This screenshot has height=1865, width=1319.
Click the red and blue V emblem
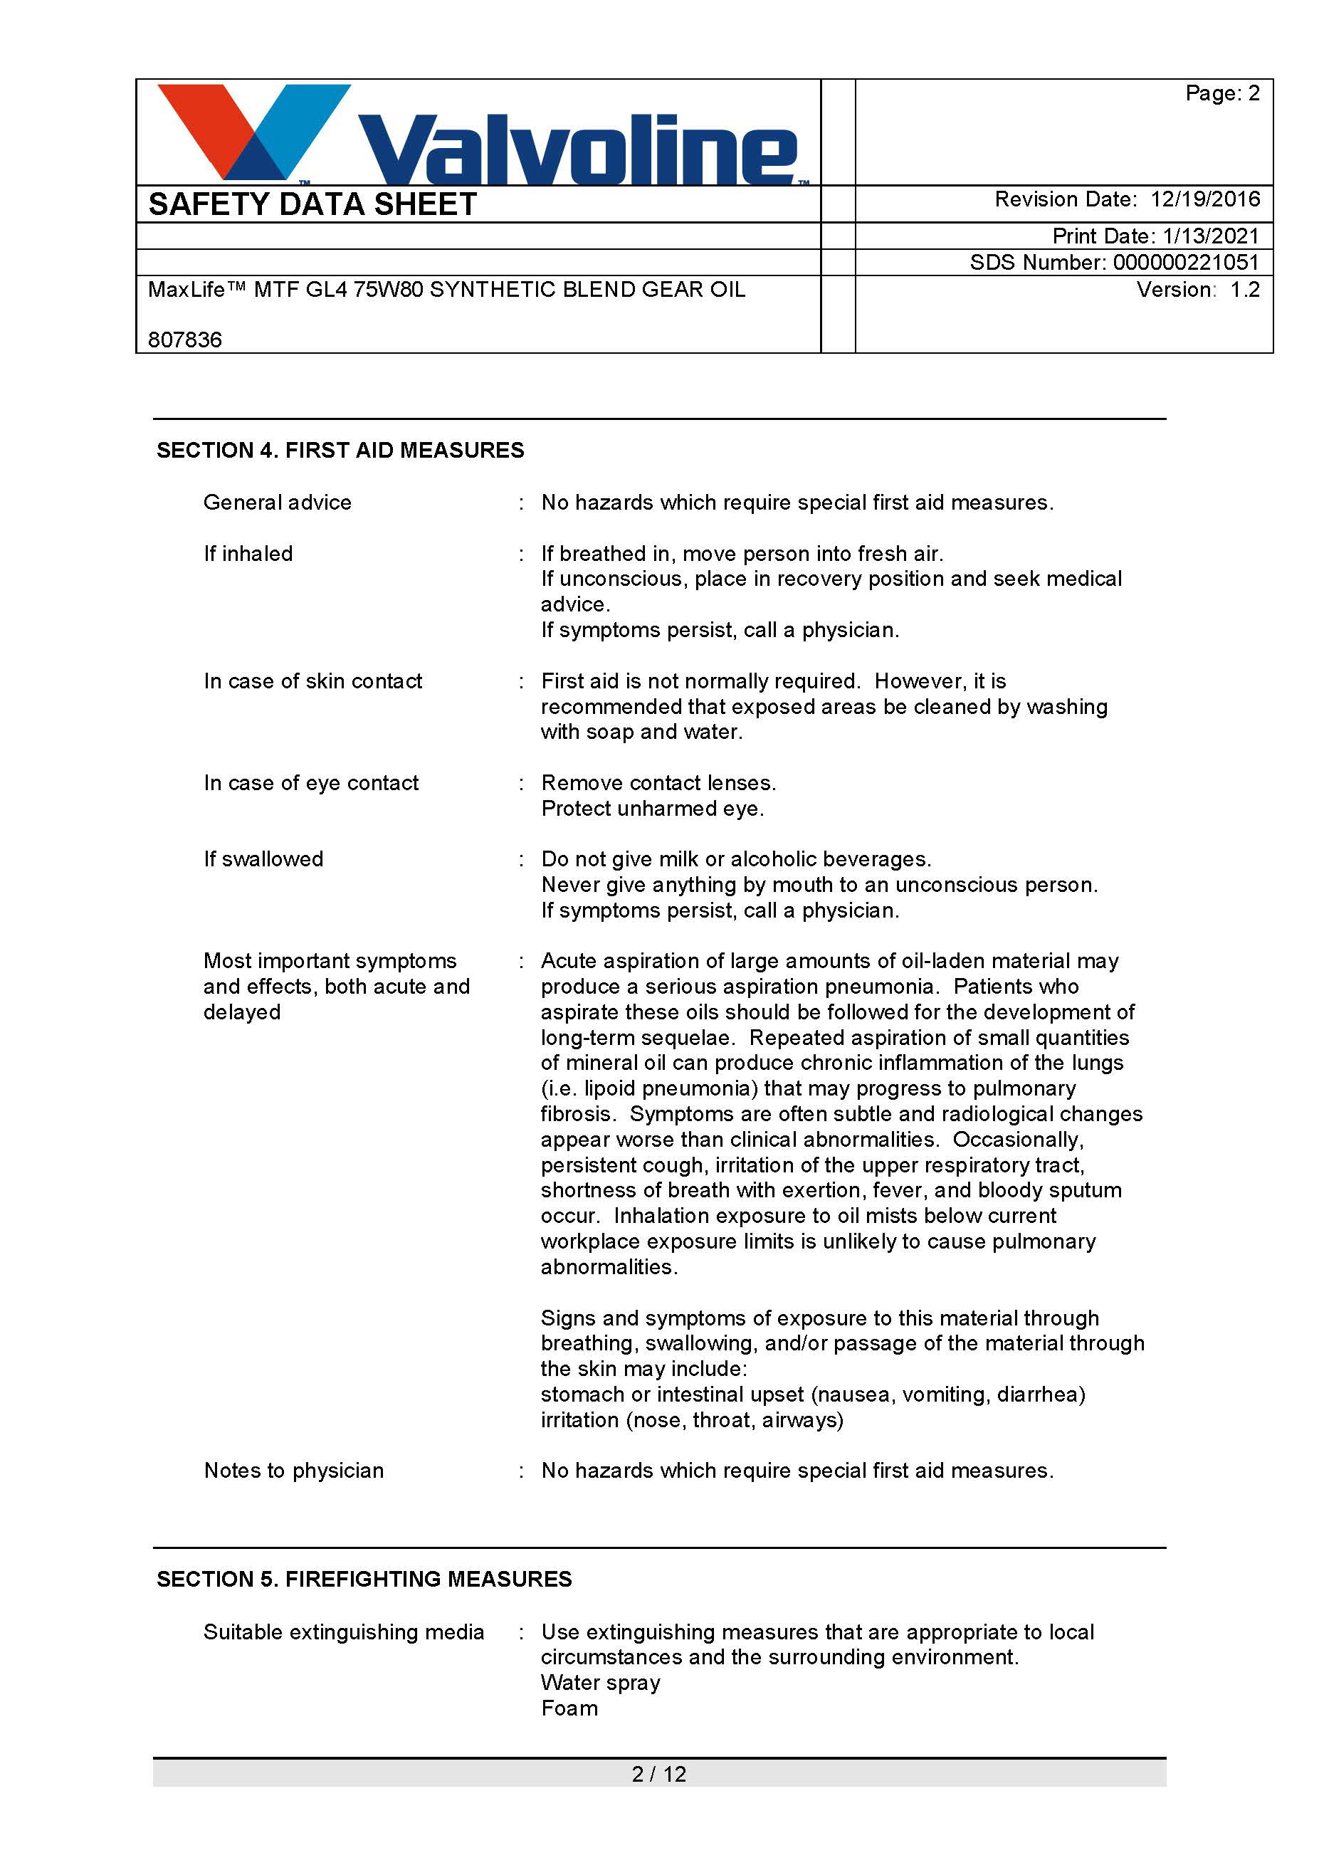tap(252, 130)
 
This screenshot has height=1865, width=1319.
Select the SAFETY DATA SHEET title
tap(312, 204)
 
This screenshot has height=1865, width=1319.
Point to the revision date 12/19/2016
tap(1205, 199)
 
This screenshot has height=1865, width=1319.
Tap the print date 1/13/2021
tap(1210, 236)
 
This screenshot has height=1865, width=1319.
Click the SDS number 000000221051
tap(1186, 263)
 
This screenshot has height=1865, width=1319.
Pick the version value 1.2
tap(1244, 290)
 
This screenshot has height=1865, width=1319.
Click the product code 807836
tap(185, 340)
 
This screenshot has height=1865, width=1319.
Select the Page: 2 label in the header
tap(1222, 93)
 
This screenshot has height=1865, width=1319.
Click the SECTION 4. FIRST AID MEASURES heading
tap(340, 450)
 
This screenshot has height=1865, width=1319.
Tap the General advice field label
tap(277, 502)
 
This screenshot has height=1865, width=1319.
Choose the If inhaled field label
tap(248, 553)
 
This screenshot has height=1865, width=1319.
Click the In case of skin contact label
tap(312, 681)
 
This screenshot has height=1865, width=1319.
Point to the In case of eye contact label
tap(311, 782)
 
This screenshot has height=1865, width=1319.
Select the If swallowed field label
tap(263, 858)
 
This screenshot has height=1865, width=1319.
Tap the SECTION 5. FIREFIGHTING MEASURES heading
tap(364, 1579)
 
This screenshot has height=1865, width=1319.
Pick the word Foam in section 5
tap(569, 1708)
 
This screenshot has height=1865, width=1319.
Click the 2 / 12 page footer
tap(658, 1774)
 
